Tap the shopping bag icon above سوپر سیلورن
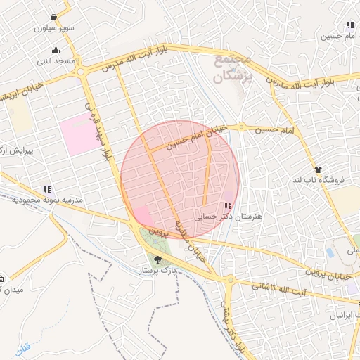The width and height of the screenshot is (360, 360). pyautogui.click(x=54, y=18)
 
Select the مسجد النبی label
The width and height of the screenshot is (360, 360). pyautogui.click(x=56, y=61)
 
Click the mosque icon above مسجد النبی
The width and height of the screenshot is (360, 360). pyautogui.click(x=56, y=50)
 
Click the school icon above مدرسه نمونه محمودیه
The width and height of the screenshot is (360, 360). pyautogui.click(x=47, y=189)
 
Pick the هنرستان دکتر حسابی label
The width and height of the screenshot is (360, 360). pyautogui.click(x=229, y=217)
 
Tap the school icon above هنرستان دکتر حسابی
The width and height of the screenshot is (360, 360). pyautogui.click(x=227, y=205)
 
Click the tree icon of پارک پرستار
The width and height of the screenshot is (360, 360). pyautogui.click(x=157, y=259)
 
